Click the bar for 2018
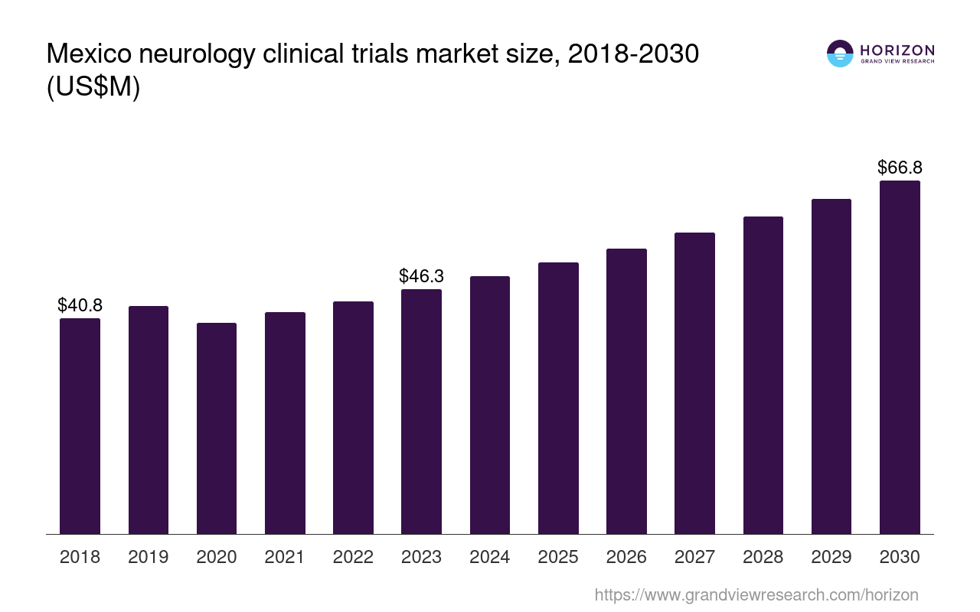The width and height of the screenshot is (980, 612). [x=80, y=426]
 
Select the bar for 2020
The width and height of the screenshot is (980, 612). [x=217, y=428]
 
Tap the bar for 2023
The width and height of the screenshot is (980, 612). [x=421, y=412]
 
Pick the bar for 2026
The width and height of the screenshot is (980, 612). [x=626, y=391]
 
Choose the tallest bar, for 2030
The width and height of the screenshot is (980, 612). [x=900, y=357]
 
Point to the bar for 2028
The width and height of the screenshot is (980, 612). [x=763, y=375]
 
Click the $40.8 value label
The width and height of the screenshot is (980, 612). [x=80, y=305]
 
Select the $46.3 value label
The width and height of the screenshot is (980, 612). [x=421, y=276]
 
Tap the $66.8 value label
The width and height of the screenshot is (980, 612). [x=900, y=168]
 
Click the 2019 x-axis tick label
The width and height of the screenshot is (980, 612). [x=149, y=557]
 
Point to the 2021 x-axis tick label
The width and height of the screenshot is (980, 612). [x=285, y=557]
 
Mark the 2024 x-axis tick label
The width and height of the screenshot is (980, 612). [x=490, y=557]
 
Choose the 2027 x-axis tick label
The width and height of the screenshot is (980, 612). [x=694, y=557]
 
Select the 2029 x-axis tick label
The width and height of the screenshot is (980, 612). [x=831, y=557]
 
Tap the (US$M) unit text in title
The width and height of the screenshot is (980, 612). [x=93, y=87]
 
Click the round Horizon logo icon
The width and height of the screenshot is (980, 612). [x=840, y=54]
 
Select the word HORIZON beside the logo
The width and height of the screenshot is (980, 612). [x=897, y=50]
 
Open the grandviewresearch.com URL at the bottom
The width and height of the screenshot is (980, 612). [x=756, y=594]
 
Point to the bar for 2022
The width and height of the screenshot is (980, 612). [x=353, y=418]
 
